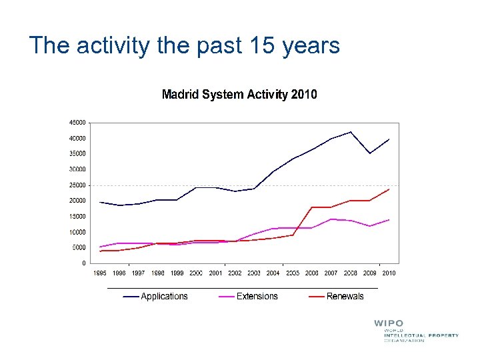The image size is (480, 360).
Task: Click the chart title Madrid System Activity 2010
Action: pos(239,95)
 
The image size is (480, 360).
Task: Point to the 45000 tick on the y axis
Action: pos(77,123)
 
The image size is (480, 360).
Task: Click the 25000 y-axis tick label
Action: pos(77,185)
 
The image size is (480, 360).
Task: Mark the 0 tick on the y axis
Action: pos(83,263)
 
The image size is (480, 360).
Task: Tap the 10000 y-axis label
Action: pos(77,232)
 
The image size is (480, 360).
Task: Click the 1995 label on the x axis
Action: pos(100,273)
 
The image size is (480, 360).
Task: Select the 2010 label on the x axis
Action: pos(389,273)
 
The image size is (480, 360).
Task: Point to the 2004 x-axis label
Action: pos(273,273)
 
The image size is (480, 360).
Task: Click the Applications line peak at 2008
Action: pos(351,131)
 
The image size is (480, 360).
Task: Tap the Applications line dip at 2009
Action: pos(370,153)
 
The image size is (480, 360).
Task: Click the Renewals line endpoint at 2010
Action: pos(389,189)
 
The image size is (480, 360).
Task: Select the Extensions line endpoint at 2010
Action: pos(389,219)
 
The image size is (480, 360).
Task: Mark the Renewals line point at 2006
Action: pos(312,207)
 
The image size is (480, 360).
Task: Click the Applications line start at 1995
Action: pos(100,202)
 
